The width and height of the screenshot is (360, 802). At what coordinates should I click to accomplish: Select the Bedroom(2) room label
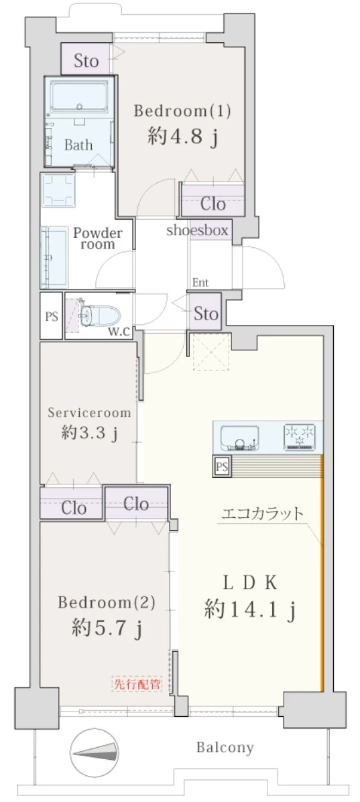107,602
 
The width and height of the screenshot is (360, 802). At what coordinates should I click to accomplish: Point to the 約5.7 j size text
107,628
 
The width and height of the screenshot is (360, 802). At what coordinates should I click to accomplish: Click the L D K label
249,582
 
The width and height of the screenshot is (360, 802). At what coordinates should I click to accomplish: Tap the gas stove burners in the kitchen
299,436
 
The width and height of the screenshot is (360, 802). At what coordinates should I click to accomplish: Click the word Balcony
225,747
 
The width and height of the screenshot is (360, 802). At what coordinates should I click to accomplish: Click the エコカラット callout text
262,515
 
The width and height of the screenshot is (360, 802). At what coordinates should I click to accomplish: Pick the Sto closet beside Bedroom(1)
86,61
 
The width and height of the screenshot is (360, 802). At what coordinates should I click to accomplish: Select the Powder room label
98,239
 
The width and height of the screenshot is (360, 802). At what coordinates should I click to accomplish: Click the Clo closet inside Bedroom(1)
213,202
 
